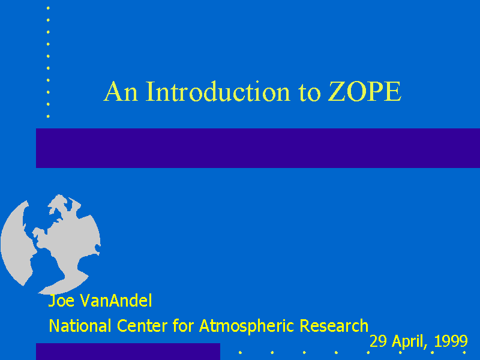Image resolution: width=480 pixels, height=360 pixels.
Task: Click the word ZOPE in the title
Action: (364, 91)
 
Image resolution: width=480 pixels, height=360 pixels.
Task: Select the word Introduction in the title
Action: (218, 91)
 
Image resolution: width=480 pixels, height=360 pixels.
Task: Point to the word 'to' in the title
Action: (309, 92)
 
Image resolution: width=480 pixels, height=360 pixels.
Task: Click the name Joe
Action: (61, 301)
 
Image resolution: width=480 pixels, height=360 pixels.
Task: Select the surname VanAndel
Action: (116, 301)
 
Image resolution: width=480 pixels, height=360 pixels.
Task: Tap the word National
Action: (80, 325)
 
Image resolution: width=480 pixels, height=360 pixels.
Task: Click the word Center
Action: (142, 326)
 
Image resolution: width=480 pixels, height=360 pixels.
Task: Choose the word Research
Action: (334, 325)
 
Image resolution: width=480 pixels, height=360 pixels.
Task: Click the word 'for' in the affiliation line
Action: (183, 325)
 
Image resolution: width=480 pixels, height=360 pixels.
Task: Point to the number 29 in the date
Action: (378, 341)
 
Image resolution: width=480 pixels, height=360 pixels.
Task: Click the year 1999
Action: (451, 341)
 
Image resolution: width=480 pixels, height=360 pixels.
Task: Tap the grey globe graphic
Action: (50, 244)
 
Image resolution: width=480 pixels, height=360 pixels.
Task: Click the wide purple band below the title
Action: (258, 148)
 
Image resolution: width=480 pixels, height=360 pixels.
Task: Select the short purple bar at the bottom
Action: (128, 352)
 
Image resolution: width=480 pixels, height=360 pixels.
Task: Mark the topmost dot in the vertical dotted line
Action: (48, 8)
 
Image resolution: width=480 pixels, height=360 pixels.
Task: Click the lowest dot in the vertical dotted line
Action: (48, 116)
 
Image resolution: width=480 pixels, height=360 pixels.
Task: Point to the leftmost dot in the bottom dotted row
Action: (241, 353)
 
